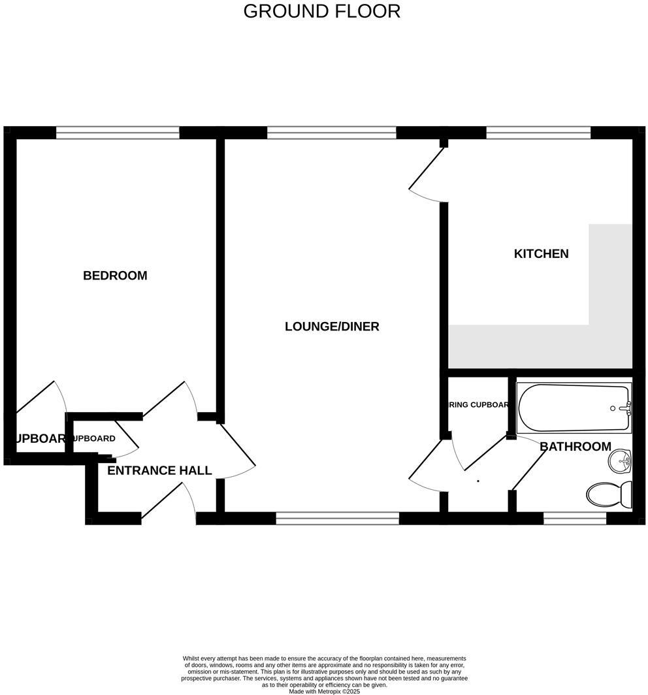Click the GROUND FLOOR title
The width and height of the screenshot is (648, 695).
point(321,11)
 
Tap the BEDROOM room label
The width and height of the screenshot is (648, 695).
point(115,276)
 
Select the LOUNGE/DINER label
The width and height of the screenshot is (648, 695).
point(332,327)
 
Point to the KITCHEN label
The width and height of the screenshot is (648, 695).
point(541,253)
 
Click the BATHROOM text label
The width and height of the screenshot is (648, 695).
point(575,447)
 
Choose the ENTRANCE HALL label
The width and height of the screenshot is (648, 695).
point(159,470)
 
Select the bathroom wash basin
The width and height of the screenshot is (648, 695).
point(619,462)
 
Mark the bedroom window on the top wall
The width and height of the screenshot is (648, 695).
point(118,133)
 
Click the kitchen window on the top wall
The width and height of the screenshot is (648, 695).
point(538,133)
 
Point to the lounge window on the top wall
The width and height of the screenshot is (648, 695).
point(332,133)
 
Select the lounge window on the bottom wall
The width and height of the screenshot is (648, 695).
point(337,519)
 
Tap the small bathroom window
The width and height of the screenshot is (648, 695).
point(575,519)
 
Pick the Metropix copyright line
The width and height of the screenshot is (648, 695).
point(324,691)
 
